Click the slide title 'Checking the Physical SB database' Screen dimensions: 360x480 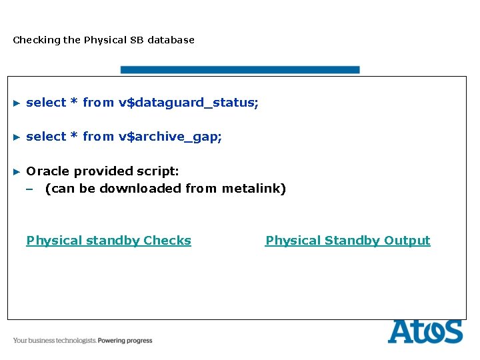tap(103, 40)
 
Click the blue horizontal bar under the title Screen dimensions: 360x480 tap(239, 69)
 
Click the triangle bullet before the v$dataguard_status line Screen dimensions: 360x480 tap(17, 103)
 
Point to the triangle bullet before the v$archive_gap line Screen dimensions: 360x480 tap(17, 137)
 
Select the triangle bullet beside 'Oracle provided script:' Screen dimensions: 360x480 tap(17, 172)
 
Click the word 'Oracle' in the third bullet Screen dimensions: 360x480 tap(47, 171)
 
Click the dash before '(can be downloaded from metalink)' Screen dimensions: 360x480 tap(29, 189)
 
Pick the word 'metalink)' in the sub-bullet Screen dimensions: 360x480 tap(254, 189)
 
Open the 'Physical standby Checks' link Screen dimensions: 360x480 tap(108, 241)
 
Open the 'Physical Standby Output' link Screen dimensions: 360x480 tap(347, 241)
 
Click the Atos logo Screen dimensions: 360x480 tap(425, 331)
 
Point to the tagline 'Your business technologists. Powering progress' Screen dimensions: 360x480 tap(83, 341)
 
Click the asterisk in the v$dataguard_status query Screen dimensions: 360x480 tap(75, 102)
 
